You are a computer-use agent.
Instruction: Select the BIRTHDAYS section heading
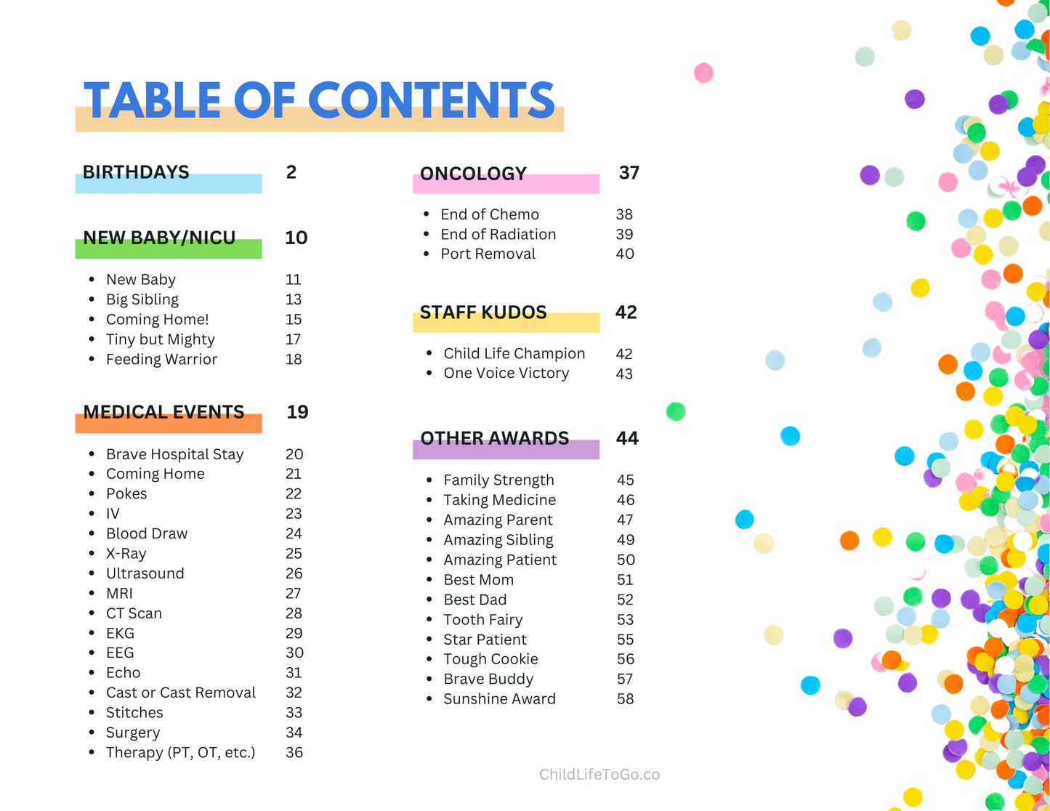point(136,172)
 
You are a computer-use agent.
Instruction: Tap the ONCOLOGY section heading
point(473,174)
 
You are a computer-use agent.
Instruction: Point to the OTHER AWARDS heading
point(494,438)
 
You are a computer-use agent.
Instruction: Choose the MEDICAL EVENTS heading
point(163,412)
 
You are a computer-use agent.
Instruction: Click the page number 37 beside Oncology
point(629,173)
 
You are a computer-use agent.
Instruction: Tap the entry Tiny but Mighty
point(160,339)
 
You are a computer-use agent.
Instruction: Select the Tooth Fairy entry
point(482,620)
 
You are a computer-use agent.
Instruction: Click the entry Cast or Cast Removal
point(180,693)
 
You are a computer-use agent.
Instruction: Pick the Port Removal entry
point(488,254)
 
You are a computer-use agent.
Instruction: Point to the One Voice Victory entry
point(506,373)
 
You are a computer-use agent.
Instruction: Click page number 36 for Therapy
point(294,753)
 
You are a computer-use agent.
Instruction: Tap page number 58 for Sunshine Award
point(625,699)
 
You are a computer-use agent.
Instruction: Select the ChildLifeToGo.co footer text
point(599,775)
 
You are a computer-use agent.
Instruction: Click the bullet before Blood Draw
point(92,533)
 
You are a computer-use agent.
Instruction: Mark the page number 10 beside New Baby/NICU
point(296,238)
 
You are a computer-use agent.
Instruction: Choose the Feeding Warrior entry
point(161,359)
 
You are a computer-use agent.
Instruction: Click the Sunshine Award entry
point(499,699)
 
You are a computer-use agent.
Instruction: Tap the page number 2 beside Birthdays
point(291,172)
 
